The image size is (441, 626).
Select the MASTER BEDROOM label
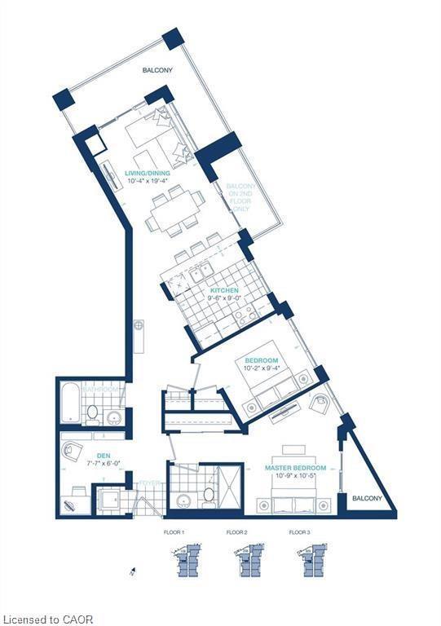click(x=295, y=468)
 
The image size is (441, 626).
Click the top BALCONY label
click(x=157, y=71)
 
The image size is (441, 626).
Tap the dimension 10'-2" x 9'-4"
click(x=262, y=368)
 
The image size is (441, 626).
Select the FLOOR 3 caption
click(x=301, y=532)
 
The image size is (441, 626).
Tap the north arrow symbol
click(x=132, y=573)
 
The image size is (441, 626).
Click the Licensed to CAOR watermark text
click(x=46, y=619)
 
